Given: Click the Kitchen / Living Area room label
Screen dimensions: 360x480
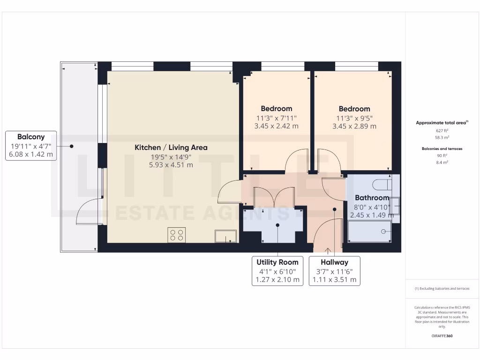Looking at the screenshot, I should pyautogui.click(x=171, y=147).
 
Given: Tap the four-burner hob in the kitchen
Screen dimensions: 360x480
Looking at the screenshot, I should pyautogui.click(x=177, y=235).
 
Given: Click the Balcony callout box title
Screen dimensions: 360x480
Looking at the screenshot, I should pyautogui.click(x=31, y=137).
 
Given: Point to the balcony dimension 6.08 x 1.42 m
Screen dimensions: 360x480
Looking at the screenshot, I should pyautogui.click(x=31, y=154).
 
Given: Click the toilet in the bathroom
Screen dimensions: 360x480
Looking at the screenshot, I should pyautogui.click(x=381, y=183).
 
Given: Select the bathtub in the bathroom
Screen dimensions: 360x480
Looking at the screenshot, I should pyautogui.click(x=369, y=232).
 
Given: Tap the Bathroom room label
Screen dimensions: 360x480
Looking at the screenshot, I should pyautogui.click(x=372, y=198).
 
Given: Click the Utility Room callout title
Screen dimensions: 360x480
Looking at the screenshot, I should pyautogui.click(x=277, y=262).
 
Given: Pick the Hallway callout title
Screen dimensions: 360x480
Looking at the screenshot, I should pyautogui.click(x=334, y=262).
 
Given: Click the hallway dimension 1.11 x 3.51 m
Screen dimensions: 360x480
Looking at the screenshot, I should pyautogui.click(x=334, y=280).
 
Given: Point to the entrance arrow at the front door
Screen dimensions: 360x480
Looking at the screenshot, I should pyautogui.click(x=327, y=250).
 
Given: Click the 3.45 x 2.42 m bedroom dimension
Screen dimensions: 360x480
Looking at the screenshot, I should pyautogui.click(x=276, y=126).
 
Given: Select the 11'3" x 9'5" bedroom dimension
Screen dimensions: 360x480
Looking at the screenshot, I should pyautogui.click(x=354, y=118).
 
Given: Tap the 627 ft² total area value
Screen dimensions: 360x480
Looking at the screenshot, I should pyautogui.click(x=442, y=131).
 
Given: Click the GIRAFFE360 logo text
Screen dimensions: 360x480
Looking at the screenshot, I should pyautogui.click(x=442, y=336).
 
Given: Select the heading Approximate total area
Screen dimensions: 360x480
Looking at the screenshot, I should pyautogui.click(x=442, y=123).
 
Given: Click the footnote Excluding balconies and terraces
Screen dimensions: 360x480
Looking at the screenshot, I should pyautogui.click(x=442, y=289).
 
